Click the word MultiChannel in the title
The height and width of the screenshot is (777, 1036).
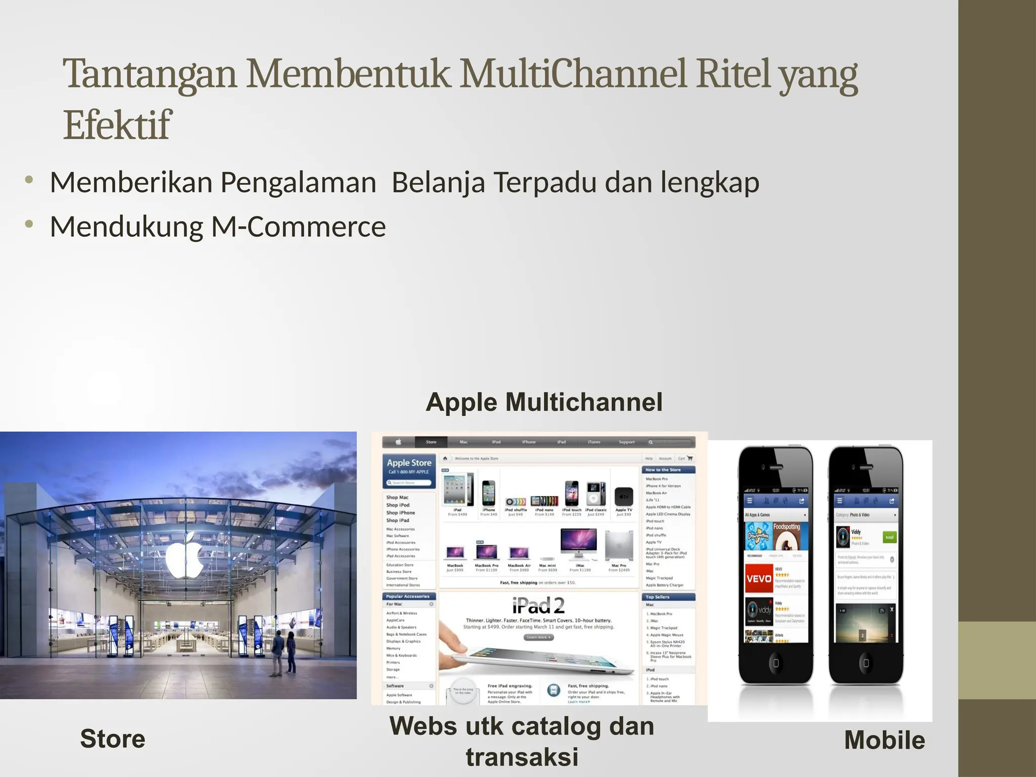click(574, 74)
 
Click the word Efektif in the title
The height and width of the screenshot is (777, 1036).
click(117, 125)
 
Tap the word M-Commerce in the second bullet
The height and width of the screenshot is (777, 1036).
click(298, 227)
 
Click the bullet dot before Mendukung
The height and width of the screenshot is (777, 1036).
click(29, 224)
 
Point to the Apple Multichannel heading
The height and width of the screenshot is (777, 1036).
click(544, 403)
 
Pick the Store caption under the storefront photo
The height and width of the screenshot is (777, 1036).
click(113, 739)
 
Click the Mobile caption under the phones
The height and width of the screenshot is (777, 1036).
click(884, 740)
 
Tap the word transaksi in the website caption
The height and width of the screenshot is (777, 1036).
click(522, 757)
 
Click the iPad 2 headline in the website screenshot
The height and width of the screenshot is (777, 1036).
click(538, 605)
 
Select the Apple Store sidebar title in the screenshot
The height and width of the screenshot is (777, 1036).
click(409, 463)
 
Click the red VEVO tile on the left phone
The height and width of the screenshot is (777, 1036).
click(759, 579)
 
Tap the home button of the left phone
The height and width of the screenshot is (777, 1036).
click(775, 663)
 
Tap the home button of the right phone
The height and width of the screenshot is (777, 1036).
click(866, 663)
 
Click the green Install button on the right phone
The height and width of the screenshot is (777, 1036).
click(889, 537)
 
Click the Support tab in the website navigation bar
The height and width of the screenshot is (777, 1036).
click(626, 442)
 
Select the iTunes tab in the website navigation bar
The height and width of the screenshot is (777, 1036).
click(594, 442)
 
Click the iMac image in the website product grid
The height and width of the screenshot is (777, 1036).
click(579, 545)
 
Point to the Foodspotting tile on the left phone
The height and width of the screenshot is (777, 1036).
click(787, 536)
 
